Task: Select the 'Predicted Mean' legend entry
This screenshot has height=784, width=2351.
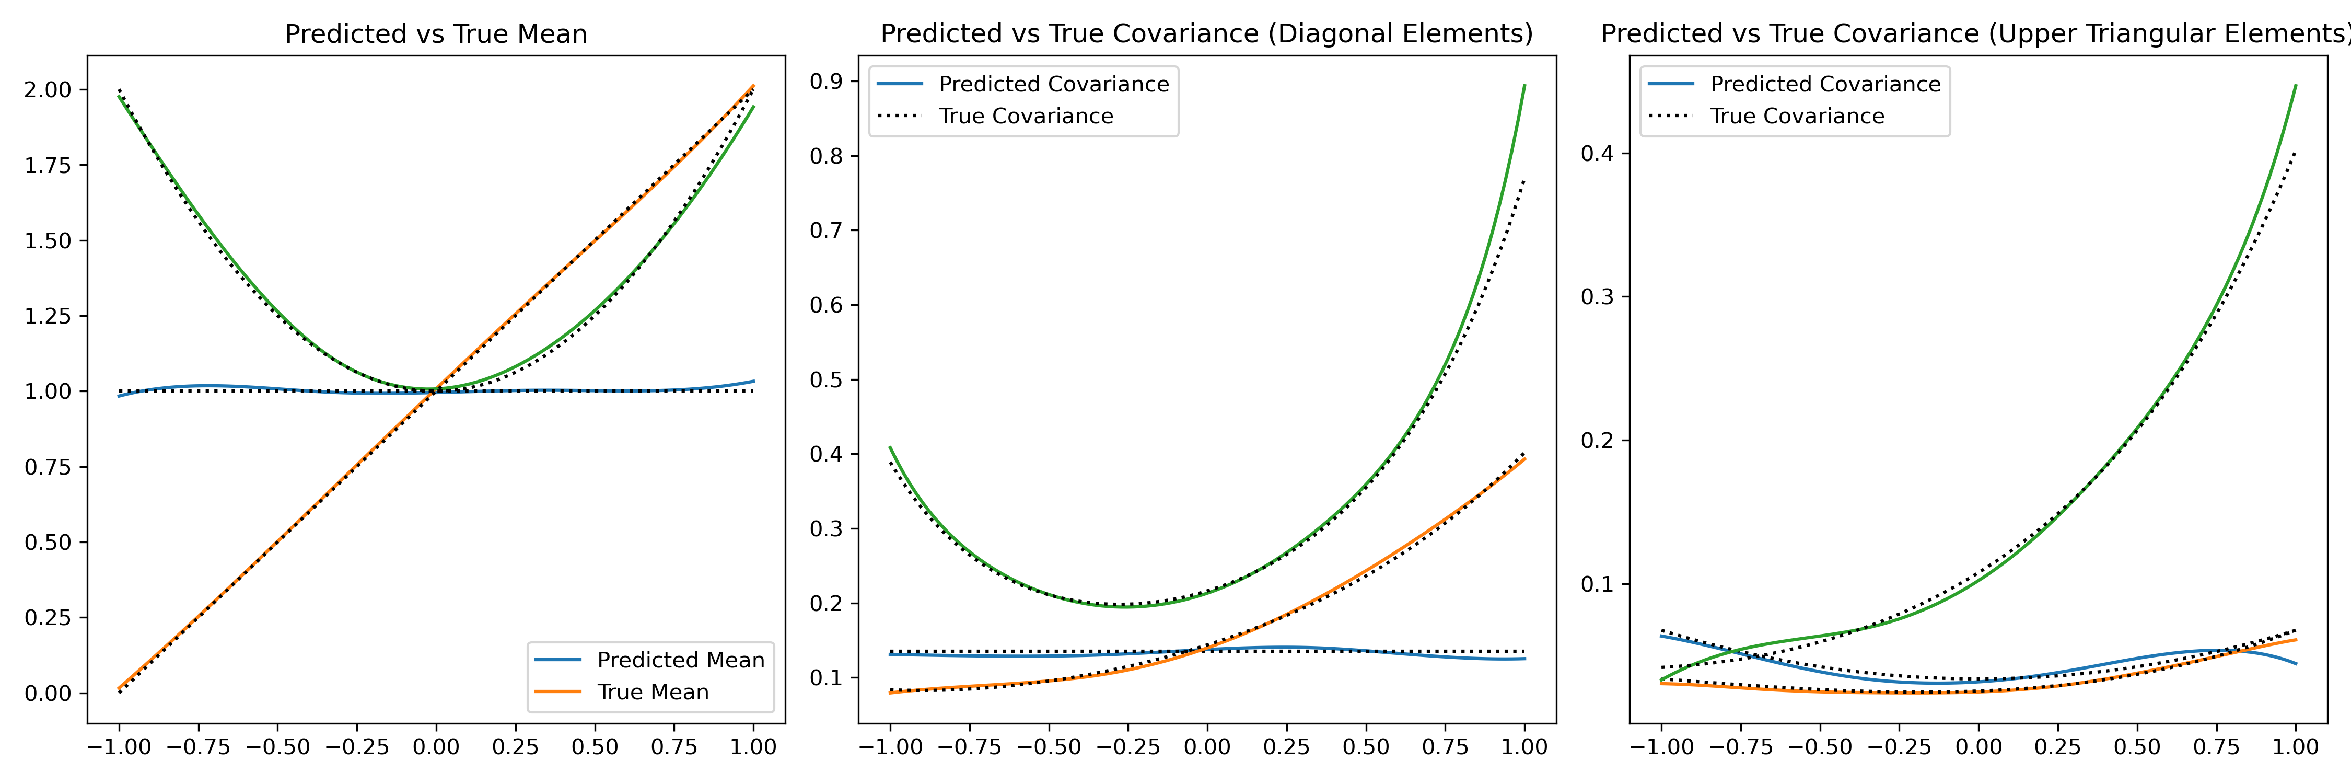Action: point(680,660)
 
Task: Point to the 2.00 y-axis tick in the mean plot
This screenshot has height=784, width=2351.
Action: point(48,89)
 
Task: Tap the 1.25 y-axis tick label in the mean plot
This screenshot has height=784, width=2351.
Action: point(48,316)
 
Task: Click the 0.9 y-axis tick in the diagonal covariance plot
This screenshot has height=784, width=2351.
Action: point(826,81)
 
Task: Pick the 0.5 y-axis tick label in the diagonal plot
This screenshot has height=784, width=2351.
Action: point(826,379)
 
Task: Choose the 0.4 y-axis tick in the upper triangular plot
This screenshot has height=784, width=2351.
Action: point(1597,153)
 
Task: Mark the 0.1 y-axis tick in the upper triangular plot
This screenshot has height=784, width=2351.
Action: point(1597,584)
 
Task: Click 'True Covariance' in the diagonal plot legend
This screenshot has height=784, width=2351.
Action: point(1026,116)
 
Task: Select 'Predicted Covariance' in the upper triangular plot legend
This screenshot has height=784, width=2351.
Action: point(1825,84)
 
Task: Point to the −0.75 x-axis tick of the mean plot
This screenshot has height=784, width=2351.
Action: point(198,746)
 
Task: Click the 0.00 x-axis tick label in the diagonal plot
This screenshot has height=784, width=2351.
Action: point(1206,746)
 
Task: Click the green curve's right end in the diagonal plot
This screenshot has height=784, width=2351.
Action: point(1524,86)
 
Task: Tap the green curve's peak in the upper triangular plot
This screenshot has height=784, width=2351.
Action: point(2295,86)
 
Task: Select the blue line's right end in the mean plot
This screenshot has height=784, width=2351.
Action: point(753,382)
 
